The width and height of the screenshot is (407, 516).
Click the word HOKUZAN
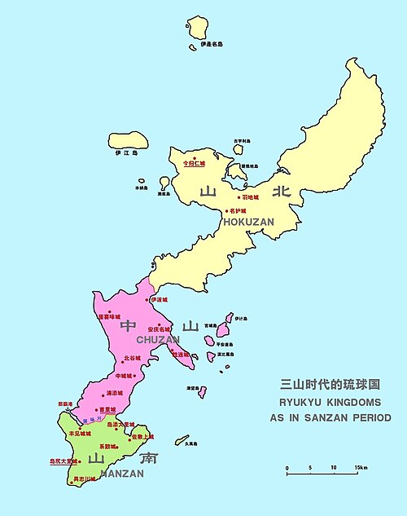pos(248,222)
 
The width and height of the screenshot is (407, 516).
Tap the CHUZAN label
pos(157,340)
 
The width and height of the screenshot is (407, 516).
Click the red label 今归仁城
pos(195,163)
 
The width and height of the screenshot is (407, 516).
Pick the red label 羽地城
pos(250,197)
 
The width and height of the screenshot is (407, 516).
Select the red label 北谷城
pos(132,358)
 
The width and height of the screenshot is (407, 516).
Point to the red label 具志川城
pos(85,480)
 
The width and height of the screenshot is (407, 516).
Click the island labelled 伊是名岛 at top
pos(198,27)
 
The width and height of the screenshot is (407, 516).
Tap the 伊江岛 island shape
pos(128,139)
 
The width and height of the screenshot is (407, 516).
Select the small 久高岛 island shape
pos(182,440)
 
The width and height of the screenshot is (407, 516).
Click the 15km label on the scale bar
pos(361,467)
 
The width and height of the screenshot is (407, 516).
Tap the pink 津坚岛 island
pos(201,393)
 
